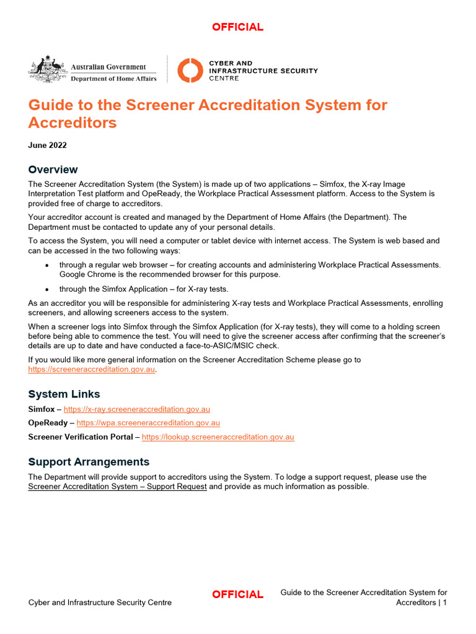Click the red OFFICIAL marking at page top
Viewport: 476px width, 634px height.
tap(237, 27)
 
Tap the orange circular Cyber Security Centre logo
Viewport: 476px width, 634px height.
tap(190, 71)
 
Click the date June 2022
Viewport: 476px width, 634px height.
tap(47, 145)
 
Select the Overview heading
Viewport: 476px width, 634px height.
tap(53, 170)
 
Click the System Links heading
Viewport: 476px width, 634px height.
tap(64, 394)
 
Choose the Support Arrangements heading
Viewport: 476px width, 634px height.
tap(89, 462)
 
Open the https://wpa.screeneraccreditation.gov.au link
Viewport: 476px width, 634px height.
tap(148, 423)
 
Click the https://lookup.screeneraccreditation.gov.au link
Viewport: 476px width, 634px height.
tap(218, 436)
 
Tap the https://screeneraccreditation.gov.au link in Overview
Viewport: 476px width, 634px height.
tap(92, 369)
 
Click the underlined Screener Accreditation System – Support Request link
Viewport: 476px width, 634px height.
tap(117, 487)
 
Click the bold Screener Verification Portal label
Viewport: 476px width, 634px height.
tap(80, 436)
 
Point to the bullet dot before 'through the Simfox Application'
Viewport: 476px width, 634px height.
tap(47, 289)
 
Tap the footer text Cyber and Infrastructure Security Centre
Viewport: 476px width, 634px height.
tap(100, 602)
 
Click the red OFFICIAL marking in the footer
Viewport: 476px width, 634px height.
tap(237, 594)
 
